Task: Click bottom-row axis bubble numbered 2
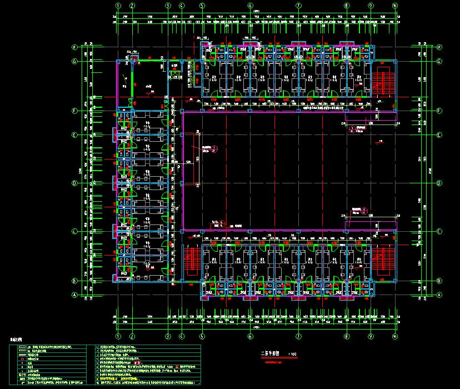(132, 336)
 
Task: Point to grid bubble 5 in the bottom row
(202, 336)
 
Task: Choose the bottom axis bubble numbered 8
(347, 336)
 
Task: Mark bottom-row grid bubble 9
(371, 336)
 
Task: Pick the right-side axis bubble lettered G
(423, 61)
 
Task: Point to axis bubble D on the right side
(423, 183)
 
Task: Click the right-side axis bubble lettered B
(423, 281)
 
